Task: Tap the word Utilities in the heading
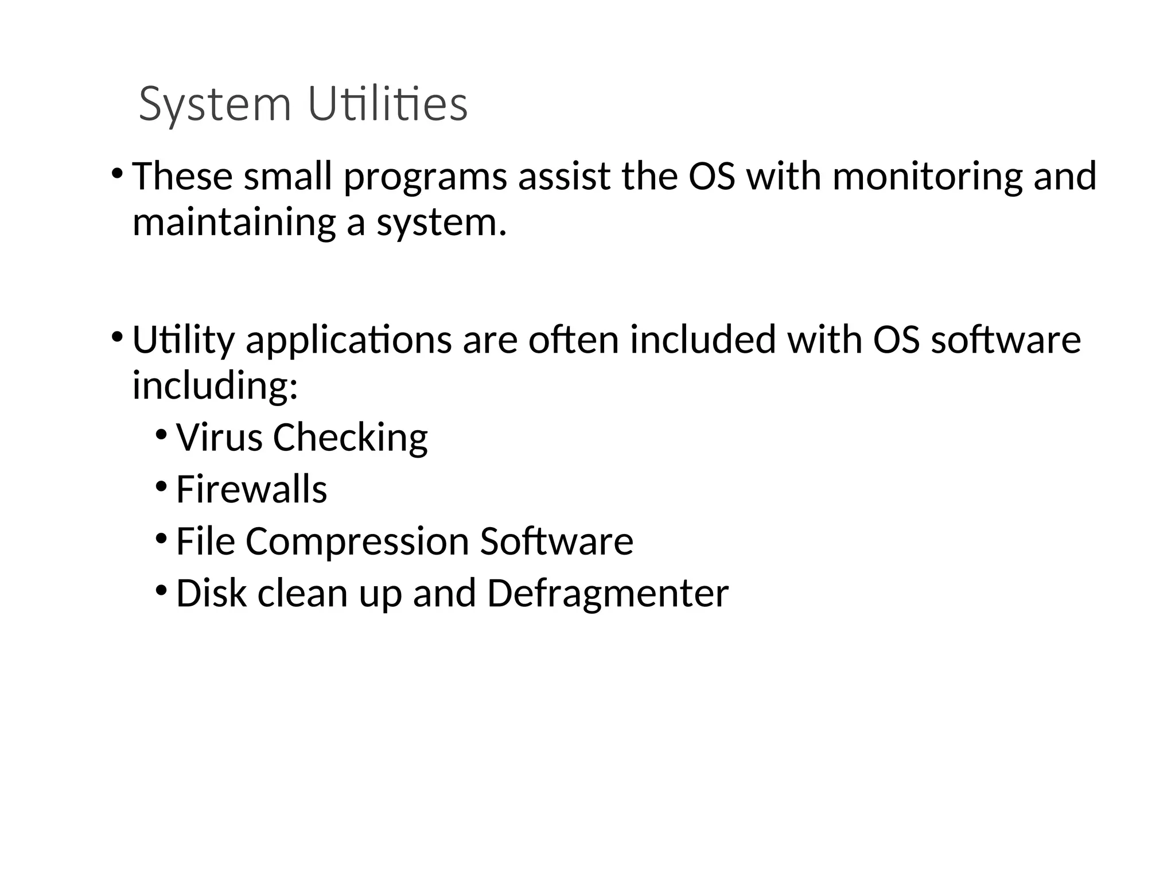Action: coord(388,104)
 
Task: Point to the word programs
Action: coord(425,177)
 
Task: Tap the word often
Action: coord(574,340)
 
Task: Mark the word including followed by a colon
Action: coord(215,385)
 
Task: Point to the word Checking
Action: coord(350,438)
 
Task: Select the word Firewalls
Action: coord(251,489)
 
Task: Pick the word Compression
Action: coord(357,542)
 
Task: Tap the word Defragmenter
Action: coord(608,594)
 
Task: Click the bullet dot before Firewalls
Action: coord(161,486)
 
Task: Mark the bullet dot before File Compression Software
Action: coord(161,538)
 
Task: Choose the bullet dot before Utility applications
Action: coord(117,336)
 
